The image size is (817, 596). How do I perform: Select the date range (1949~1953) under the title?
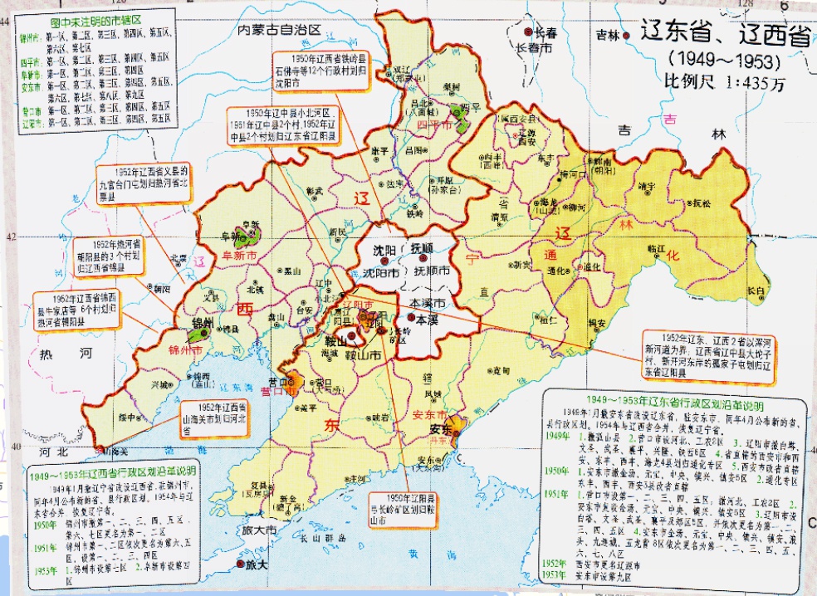725,61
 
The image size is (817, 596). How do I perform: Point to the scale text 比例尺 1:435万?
722,83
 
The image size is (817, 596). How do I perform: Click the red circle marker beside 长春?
529,32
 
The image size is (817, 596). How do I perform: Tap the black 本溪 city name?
426,319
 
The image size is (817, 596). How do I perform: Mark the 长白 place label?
753,291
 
